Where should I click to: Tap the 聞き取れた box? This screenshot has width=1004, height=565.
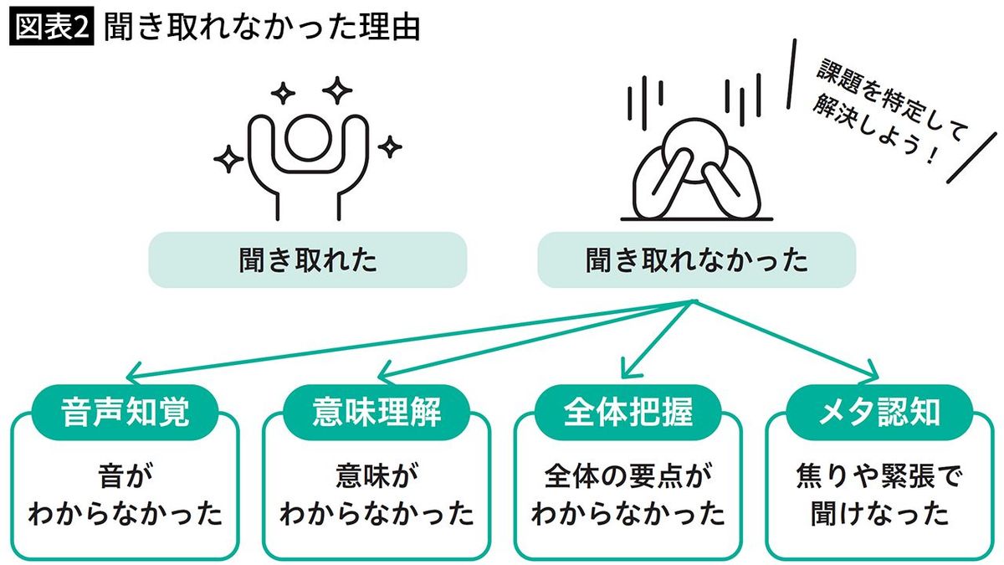[307, 260]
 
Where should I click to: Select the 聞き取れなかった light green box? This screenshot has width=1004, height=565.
[696, 260]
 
